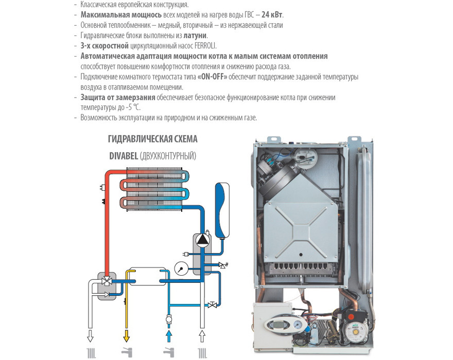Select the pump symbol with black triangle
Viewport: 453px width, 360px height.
(x=201, y=240)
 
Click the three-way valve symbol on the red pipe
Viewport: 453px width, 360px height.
(x=107, y=281)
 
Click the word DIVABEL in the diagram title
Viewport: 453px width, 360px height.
(x=123, y=156)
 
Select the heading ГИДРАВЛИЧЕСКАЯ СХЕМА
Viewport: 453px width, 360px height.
(x=153, y=139)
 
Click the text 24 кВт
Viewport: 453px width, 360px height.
(x=272, y=14)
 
